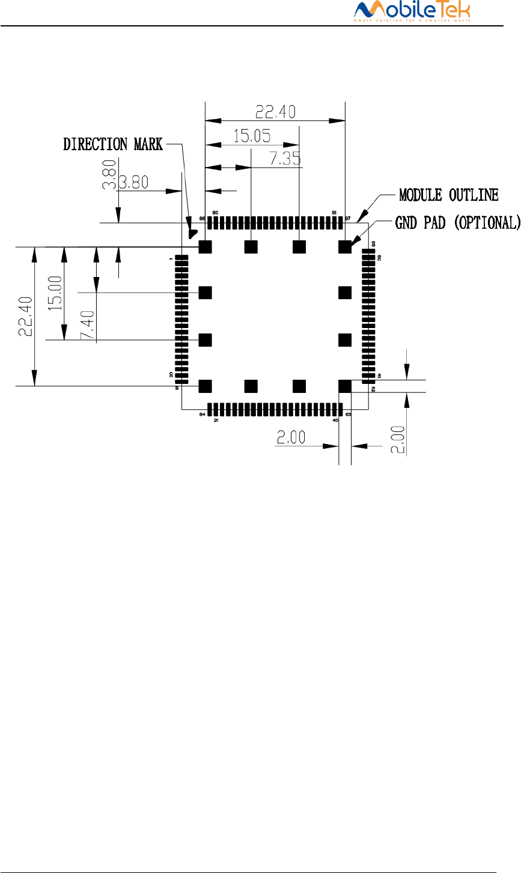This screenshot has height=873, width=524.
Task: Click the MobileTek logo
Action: pos(412,11)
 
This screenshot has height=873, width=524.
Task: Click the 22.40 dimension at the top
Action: pos(276,112)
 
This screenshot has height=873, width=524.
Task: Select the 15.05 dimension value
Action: pos(252,136)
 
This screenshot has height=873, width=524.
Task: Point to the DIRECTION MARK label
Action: pos(113,144)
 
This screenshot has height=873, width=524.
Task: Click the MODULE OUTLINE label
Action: pos(449,195)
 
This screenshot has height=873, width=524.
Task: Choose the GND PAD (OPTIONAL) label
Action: pos(458,223)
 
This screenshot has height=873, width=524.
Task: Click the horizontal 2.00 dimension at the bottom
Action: pos(291,437)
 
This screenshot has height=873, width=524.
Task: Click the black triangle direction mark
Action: pos(193,232)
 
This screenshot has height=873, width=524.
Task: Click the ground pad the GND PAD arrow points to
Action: pos(344,246)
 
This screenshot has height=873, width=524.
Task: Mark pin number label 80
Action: pos(215,213)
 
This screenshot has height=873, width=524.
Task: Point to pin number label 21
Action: pos(216,421)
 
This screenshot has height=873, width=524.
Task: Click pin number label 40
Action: pos(335,421)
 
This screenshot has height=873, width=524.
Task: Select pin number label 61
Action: pos(334,213)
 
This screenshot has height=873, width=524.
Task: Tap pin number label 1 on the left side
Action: pos(171,258)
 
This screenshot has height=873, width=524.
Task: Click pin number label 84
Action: pos(202,415)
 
